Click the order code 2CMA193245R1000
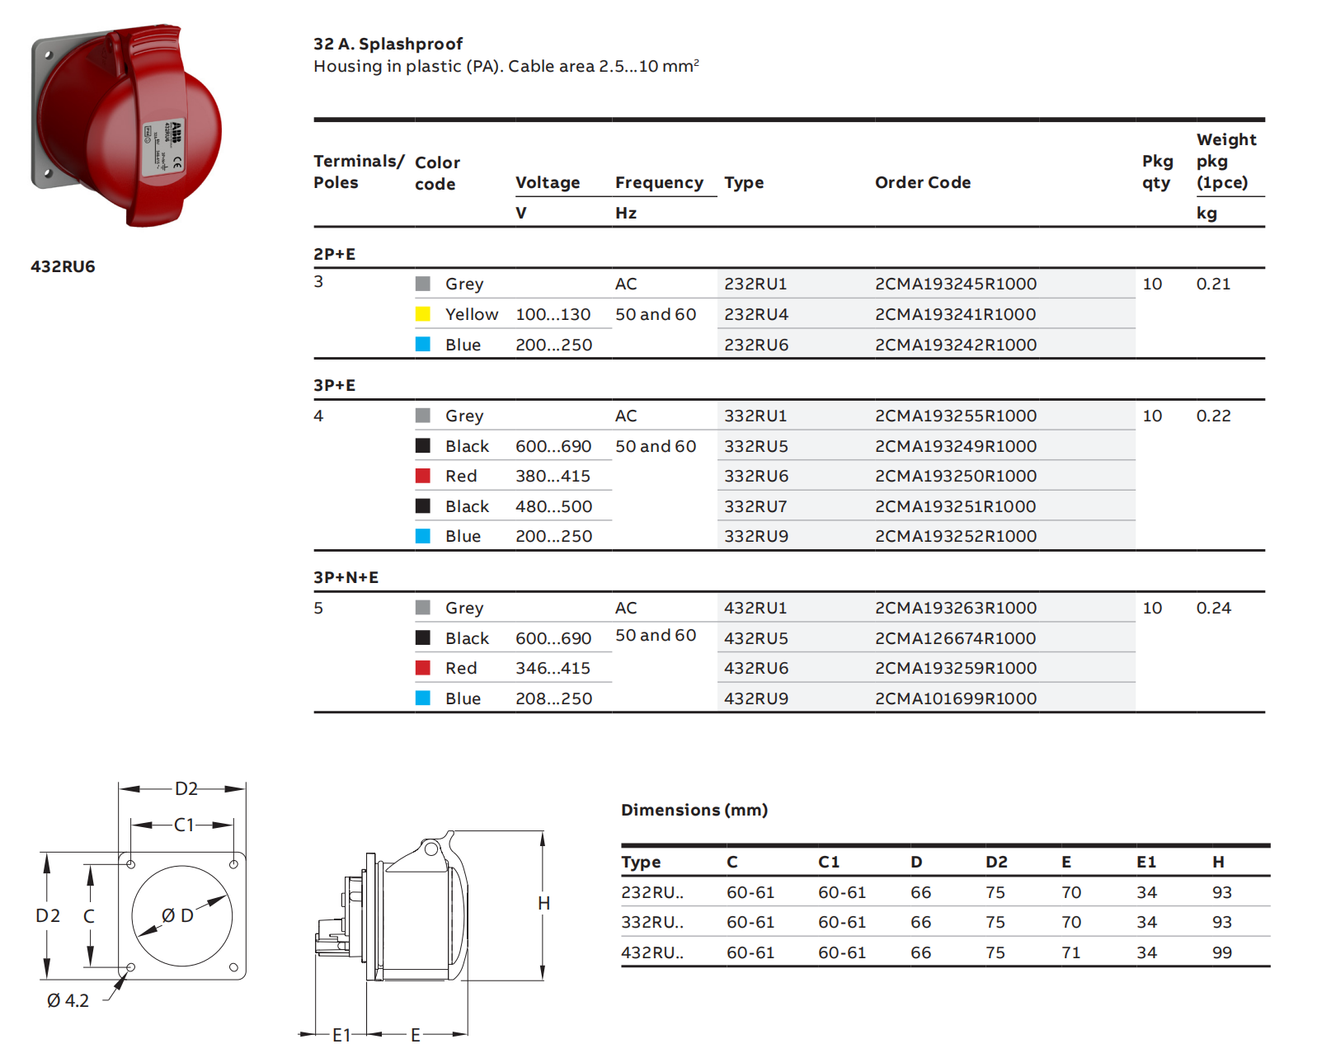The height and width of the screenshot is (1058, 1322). [x=955, y=284]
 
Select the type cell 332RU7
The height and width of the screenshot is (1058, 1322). [x=755, y=506]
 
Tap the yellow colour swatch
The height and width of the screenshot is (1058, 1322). [x=423, y=314]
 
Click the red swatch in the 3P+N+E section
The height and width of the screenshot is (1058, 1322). [x=423, y=668]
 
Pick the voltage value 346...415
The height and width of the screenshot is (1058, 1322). [x=553, y=668]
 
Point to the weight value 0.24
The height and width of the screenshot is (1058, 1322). [x=1213, y=608]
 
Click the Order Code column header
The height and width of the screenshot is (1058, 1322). [x=922, y=182]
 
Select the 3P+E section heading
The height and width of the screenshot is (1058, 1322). [x=334, y=385]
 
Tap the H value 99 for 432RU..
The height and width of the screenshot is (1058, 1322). [x=1221, y=952]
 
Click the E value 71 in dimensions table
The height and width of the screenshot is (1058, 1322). [x=1070, y=952]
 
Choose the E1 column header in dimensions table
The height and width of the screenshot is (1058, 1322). [x=1146, y=862]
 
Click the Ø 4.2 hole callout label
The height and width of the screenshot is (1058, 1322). [x=68, y=1000]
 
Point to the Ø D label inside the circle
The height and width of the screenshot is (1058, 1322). [x=177, y=915]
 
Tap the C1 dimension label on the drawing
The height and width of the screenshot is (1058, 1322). [x=184, y=825]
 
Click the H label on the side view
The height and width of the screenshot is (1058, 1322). [x=543, y=903]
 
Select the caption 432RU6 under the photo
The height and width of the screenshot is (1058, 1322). [x=63, y=266]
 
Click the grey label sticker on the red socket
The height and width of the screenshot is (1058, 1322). [x=163, y=148]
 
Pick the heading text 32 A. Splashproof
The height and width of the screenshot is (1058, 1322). [x=388, y=44]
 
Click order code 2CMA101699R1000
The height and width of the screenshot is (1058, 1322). [x=955, y=698]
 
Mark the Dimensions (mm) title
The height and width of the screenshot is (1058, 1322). [x=694, y=810]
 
